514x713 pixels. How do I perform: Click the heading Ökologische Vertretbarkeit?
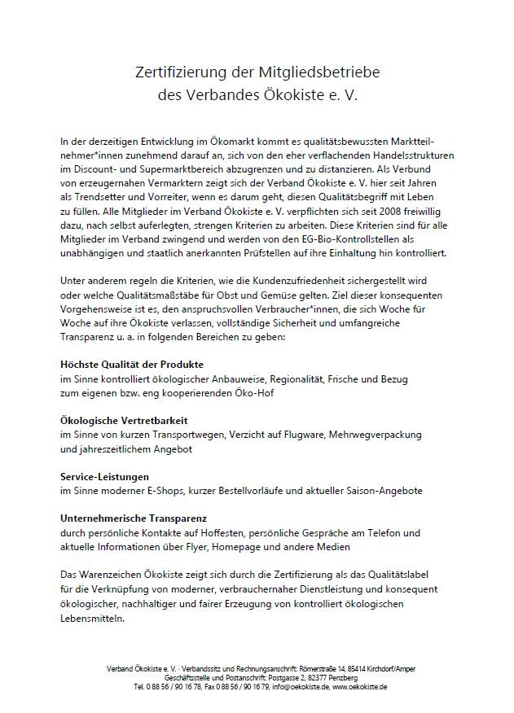[124, 420]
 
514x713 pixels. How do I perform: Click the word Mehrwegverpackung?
[387, 435]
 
